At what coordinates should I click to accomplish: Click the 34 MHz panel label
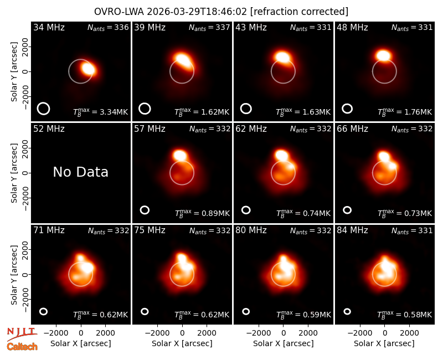[x=49, y=27]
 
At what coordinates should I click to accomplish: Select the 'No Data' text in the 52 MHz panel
[x=80, y=172]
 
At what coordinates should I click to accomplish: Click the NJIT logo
[x=22, y=334]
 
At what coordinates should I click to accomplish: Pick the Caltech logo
[x=22, y=347]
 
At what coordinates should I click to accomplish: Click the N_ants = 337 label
[x=209, y=27]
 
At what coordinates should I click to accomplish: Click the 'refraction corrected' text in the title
[x=300, y=12]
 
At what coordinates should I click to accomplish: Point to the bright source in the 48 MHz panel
[x=383, y=55]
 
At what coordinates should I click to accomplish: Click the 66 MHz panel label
[x=352, y=129]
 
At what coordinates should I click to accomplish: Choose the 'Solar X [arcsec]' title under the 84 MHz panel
[x=384, y=343]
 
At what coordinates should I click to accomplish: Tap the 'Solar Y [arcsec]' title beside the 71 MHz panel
[x=14, y=275]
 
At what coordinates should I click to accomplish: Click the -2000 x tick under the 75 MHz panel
[x=157, y=333]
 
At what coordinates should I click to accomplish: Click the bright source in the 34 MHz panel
[x=89, y=69]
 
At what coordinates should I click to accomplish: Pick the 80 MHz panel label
[x=251, y=230]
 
